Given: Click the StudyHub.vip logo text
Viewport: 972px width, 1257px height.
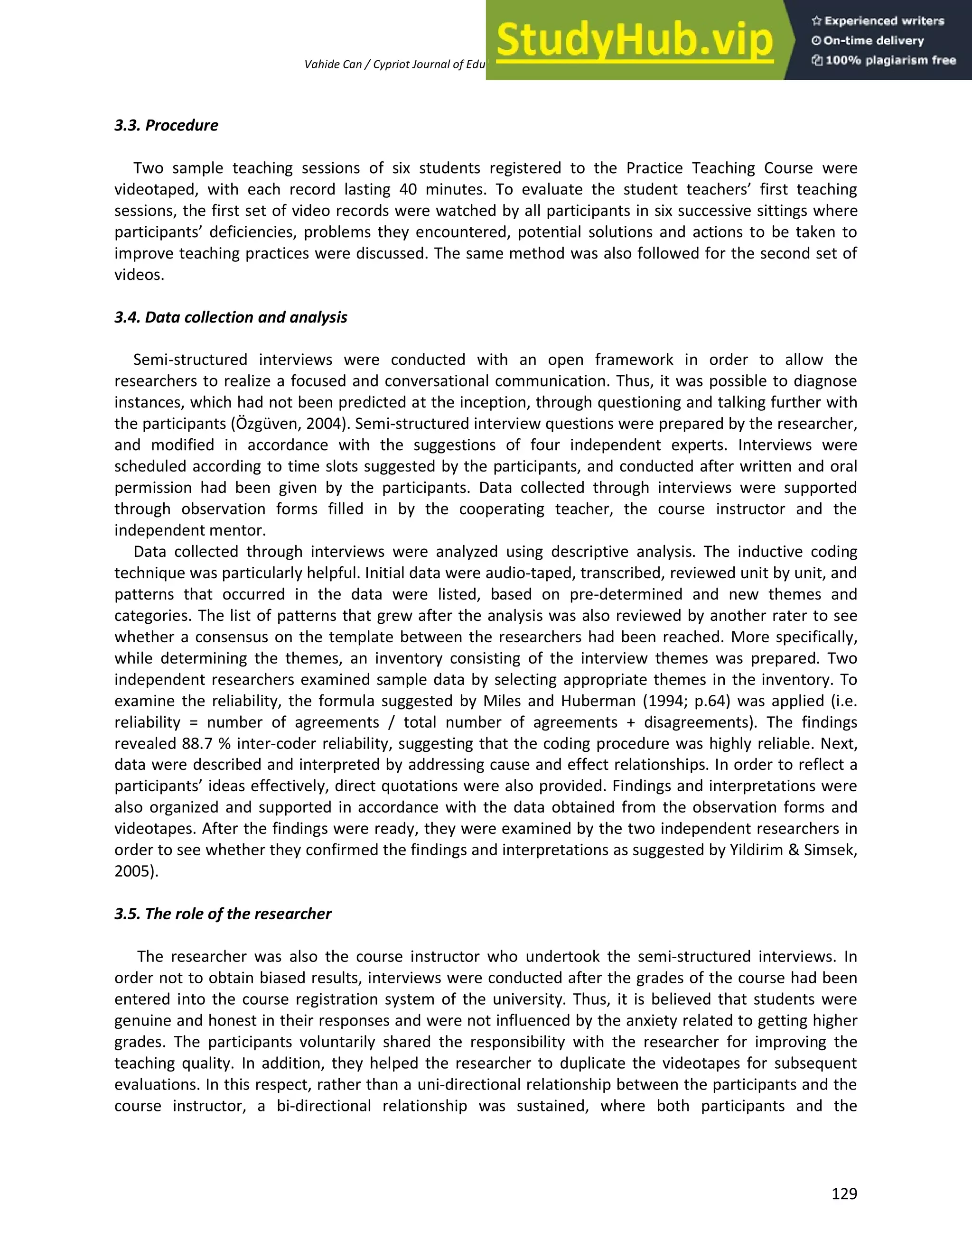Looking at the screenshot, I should (635, 40).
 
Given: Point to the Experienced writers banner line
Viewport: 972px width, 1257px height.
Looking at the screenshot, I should (878, 21).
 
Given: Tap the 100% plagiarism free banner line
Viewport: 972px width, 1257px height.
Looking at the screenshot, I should (884, 60).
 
